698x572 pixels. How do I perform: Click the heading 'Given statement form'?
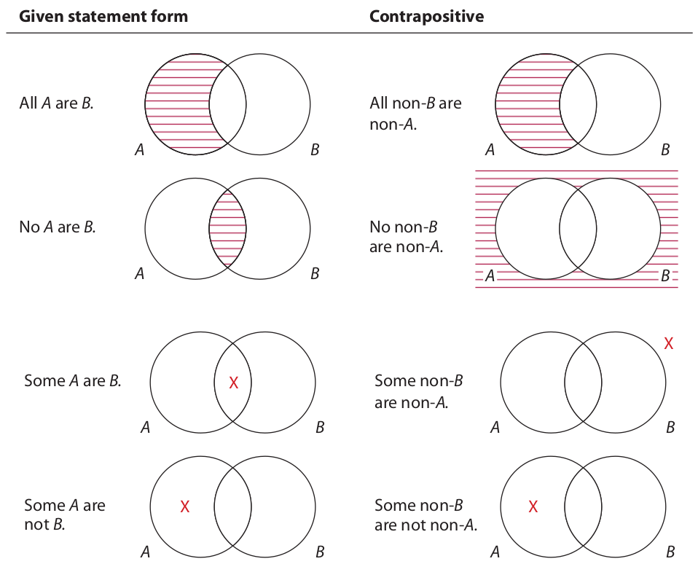[x=103, y=16]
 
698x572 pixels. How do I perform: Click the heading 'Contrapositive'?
[x=426, y=16]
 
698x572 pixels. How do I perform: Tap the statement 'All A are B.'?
[x=56, y=103]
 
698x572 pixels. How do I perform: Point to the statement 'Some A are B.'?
[x=72, y=380]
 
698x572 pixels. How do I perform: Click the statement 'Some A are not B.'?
[x=64, y=514]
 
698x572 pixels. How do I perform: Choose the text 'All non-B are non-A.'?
[x=415, y=113]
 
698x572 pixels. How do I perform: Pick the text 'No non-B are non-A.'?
[x=406, y=236]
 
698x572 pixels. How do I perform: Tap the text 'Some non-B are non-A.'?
[x=418, y=391]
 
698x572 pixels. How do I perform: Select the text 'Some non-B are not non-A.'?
[x=426, y=514]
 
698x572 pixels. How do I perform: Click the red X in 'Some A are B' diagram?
[x=233, y=383]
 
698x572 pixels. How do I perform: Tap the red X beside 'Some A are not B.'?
[x=185, y=506]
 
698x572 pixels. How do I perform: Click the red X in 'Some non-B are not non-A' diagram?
[x=533, y=506]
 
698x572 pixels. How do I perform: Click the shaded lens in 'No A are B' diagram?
[x=228, y=227]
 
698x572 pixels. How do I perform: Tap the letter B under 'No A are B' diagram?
[x=315, y=274]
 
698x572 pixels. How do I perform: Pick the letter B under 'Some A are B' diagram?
[x=319, y=428]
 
